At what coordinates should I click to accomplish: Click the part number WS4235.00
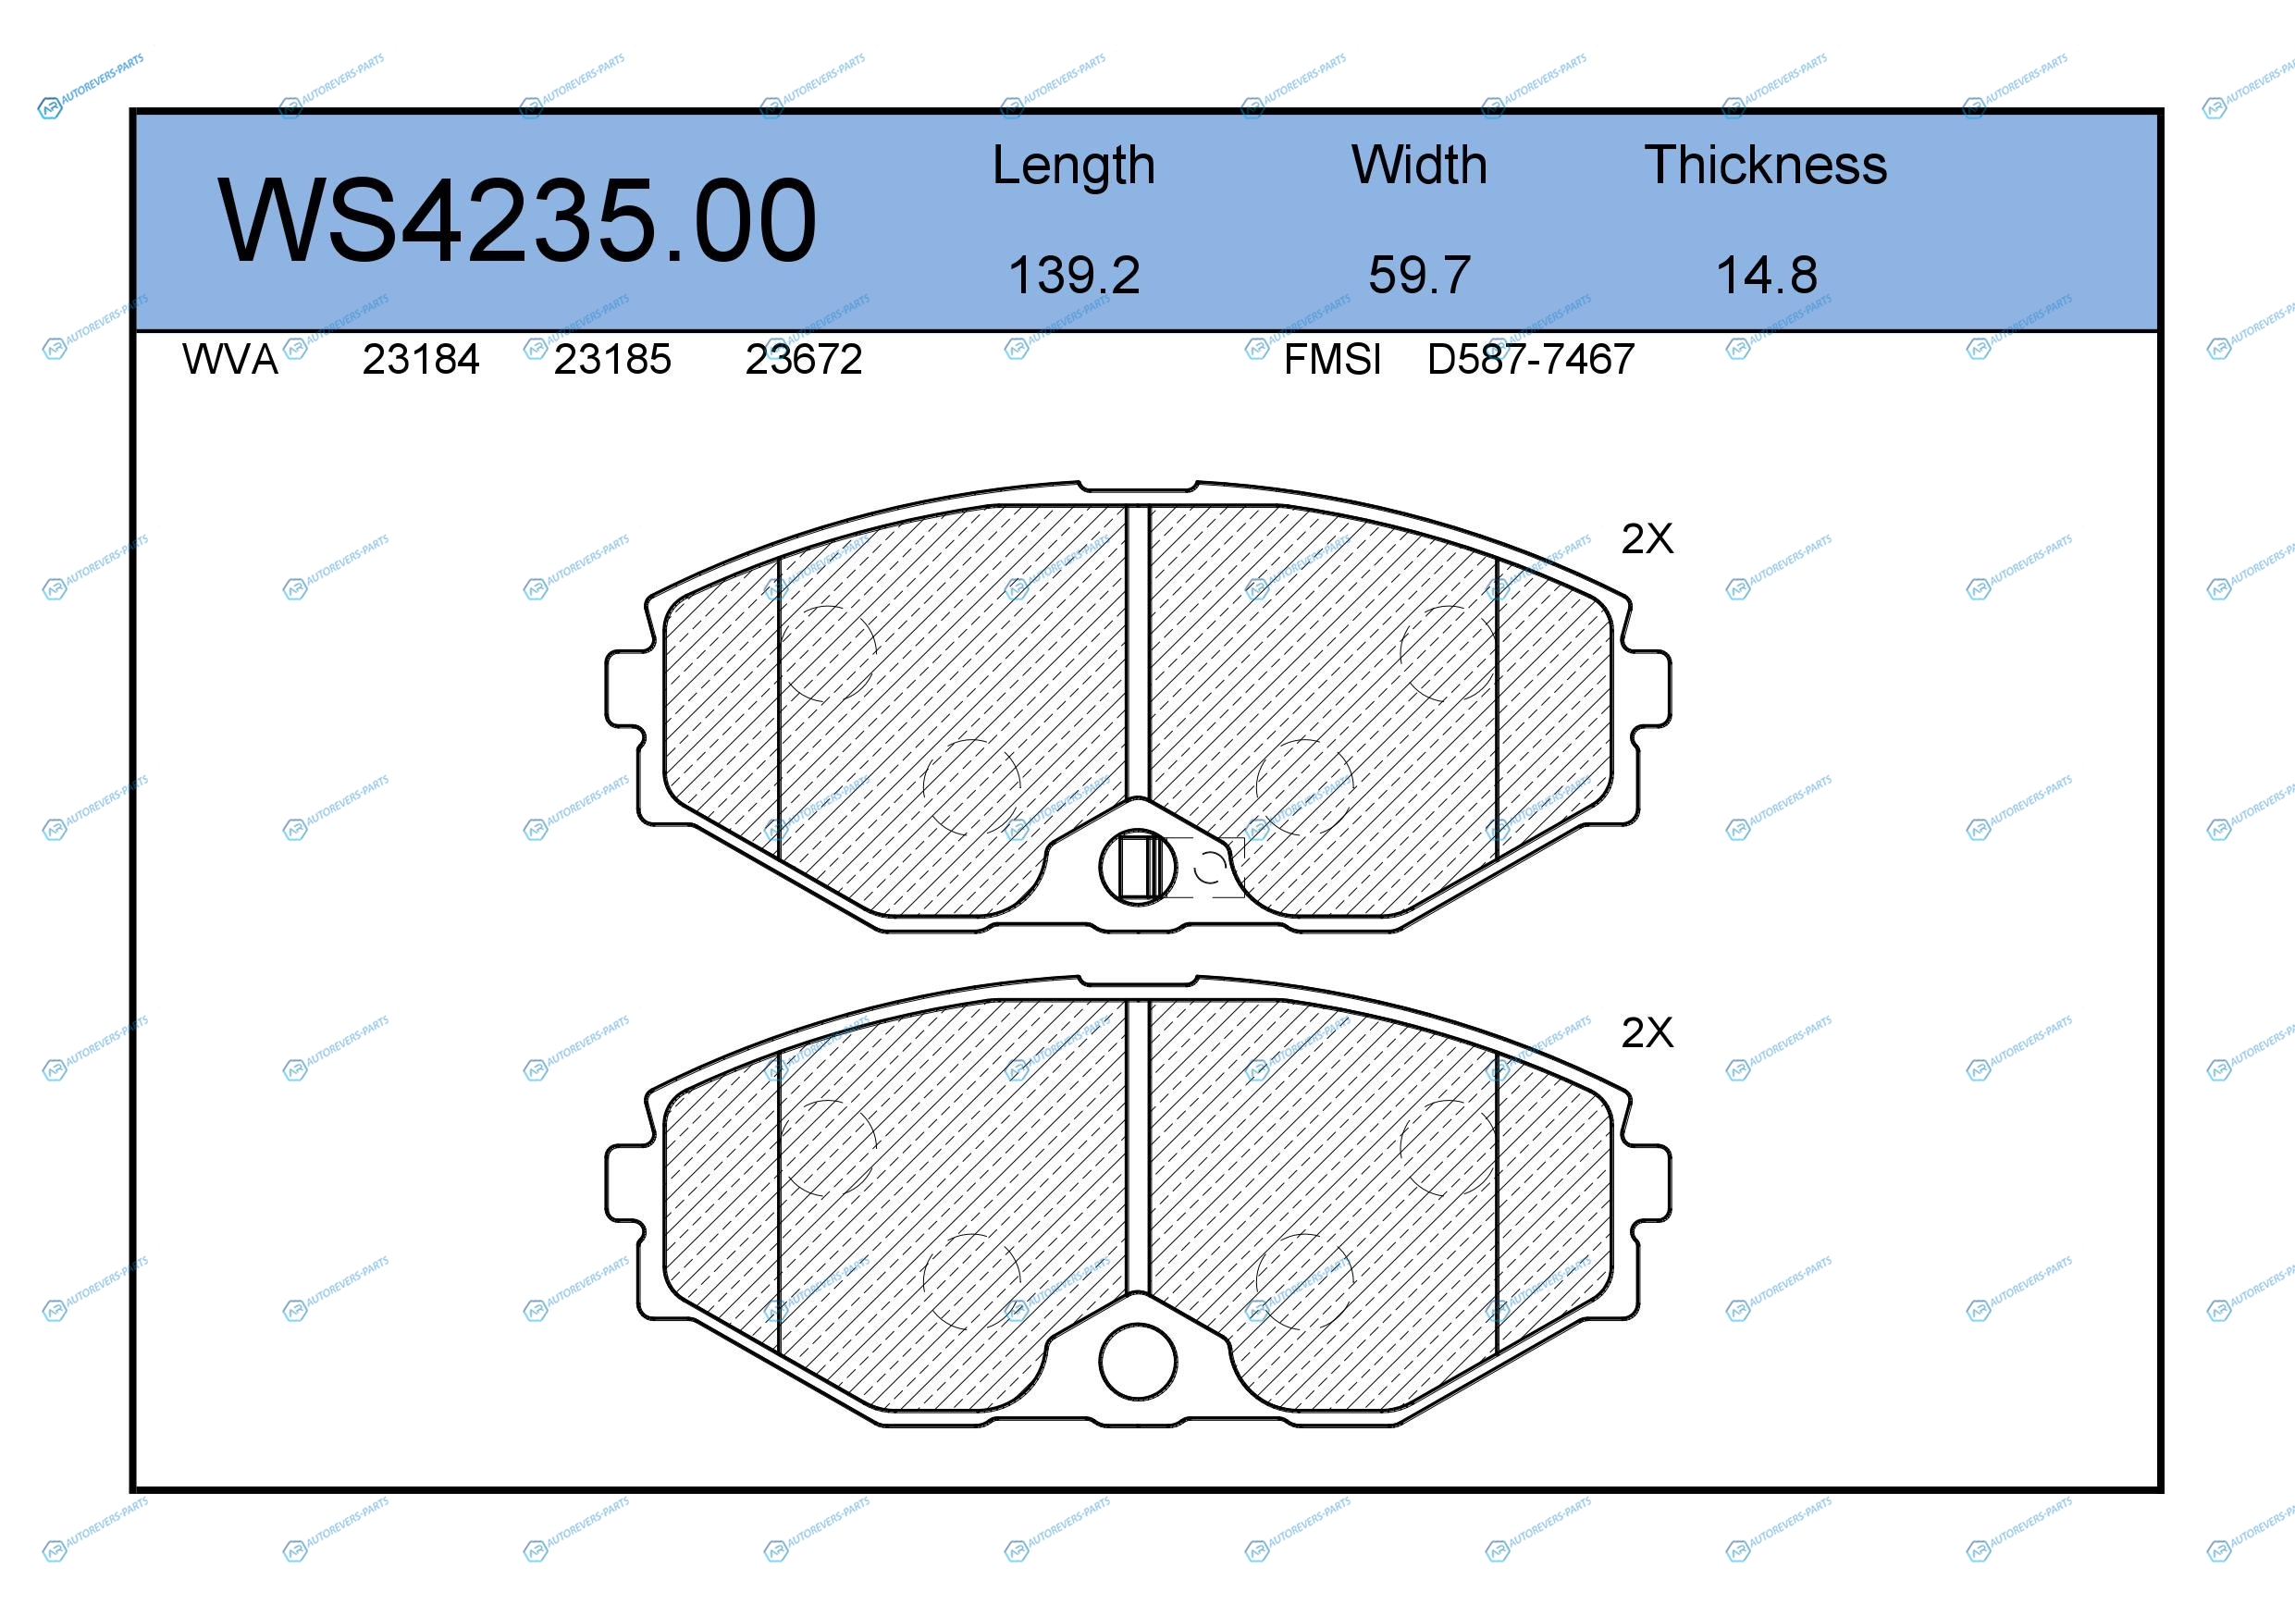tap(518, 220)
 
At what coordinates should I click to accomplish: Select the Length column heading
tap(1074, 166)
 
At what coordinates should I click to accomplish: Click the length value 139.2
tap(1074, 275)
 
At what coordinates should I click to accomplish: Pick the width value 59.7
tap(1419, 275)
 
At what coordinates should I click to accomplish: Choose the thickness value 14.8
tap(1766, 275)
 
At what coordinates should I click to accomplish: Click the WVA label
tap(230, 359)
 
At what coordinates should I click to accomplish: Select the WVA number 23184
tap(421, 359)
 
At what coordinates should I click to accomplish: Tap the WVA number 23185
tap(612, 359)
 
